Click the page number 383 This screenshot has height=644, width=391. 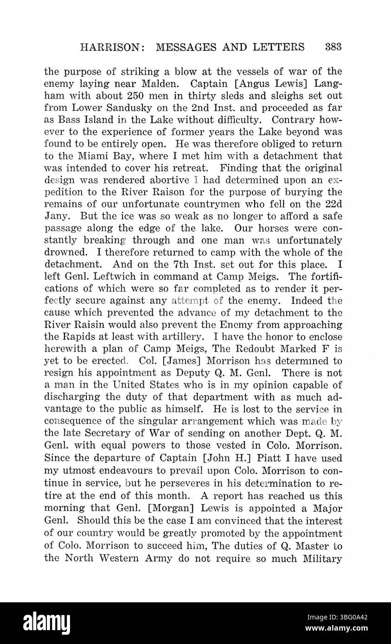tap(333, 47)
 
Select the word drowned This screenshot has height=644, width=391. tap(65, 253)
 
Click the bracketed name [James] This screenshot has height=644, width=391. tap(174, 361)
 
